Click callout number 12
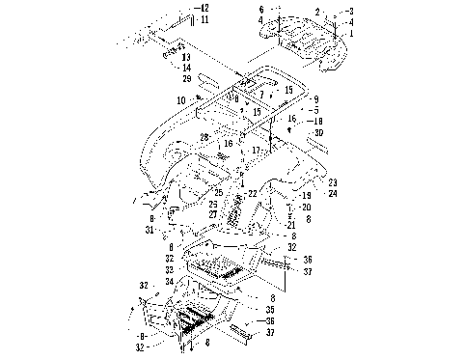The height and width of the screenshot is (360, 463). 203,8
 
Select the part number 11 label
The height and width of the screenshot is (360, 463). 203,19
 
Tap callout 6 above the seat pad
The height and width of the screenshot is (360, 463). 261,8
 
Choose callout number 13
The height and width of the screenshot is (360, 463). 186,57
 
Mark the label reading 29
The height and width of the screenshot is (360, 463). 186,77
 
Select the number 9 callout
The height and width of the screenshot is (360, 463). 314,99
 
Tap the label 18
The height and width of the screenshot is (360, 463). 318,121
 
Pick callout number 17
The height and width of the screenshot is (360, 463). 255,151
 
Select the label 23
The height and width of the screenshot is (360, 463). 332,182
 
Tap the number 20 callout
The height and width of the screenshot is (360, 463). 305,208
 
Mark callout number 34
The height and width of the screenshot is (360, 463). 170,281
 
